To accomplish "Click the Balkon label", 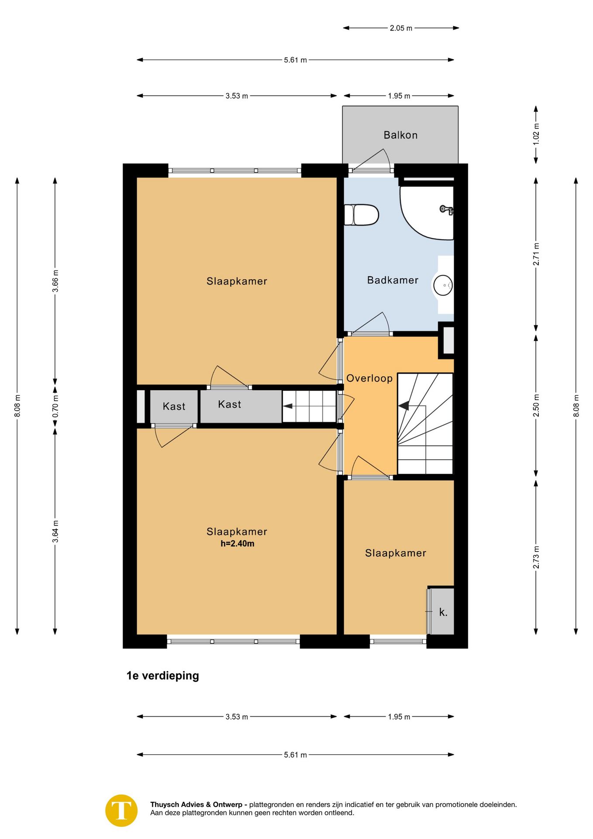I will coord(400,135).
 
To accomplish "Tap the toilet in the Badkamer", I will coord(362,215).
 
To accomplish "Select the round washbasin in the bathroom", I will coord(443,285).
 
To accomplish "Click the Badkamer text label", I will coord(392,280).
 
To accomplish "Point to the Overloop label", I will coord(369,378).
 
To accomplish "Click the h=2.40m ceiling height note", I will coord(237,544).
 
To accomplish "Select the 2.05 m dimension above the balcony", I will coord(401,28).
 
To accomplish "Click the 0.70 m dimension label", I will coord(55,406).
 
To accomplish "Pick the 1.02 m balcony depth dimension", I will coord(536,135).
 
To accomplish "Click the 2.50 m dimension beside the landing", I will coord(536,406).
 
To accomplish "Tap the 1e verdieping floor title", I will coord(162,676).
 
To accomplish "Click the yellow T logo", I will coord(121,810).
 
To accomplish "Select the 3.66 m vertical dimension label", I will coord(55,281).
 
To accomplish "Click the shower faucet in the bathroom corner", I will coord(446,210).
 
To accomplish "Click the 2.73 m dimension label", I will coord(536,557).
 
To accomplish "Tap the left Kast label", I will coord(174,406).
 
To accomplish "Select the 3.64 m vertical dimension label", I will coord(55,531).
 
